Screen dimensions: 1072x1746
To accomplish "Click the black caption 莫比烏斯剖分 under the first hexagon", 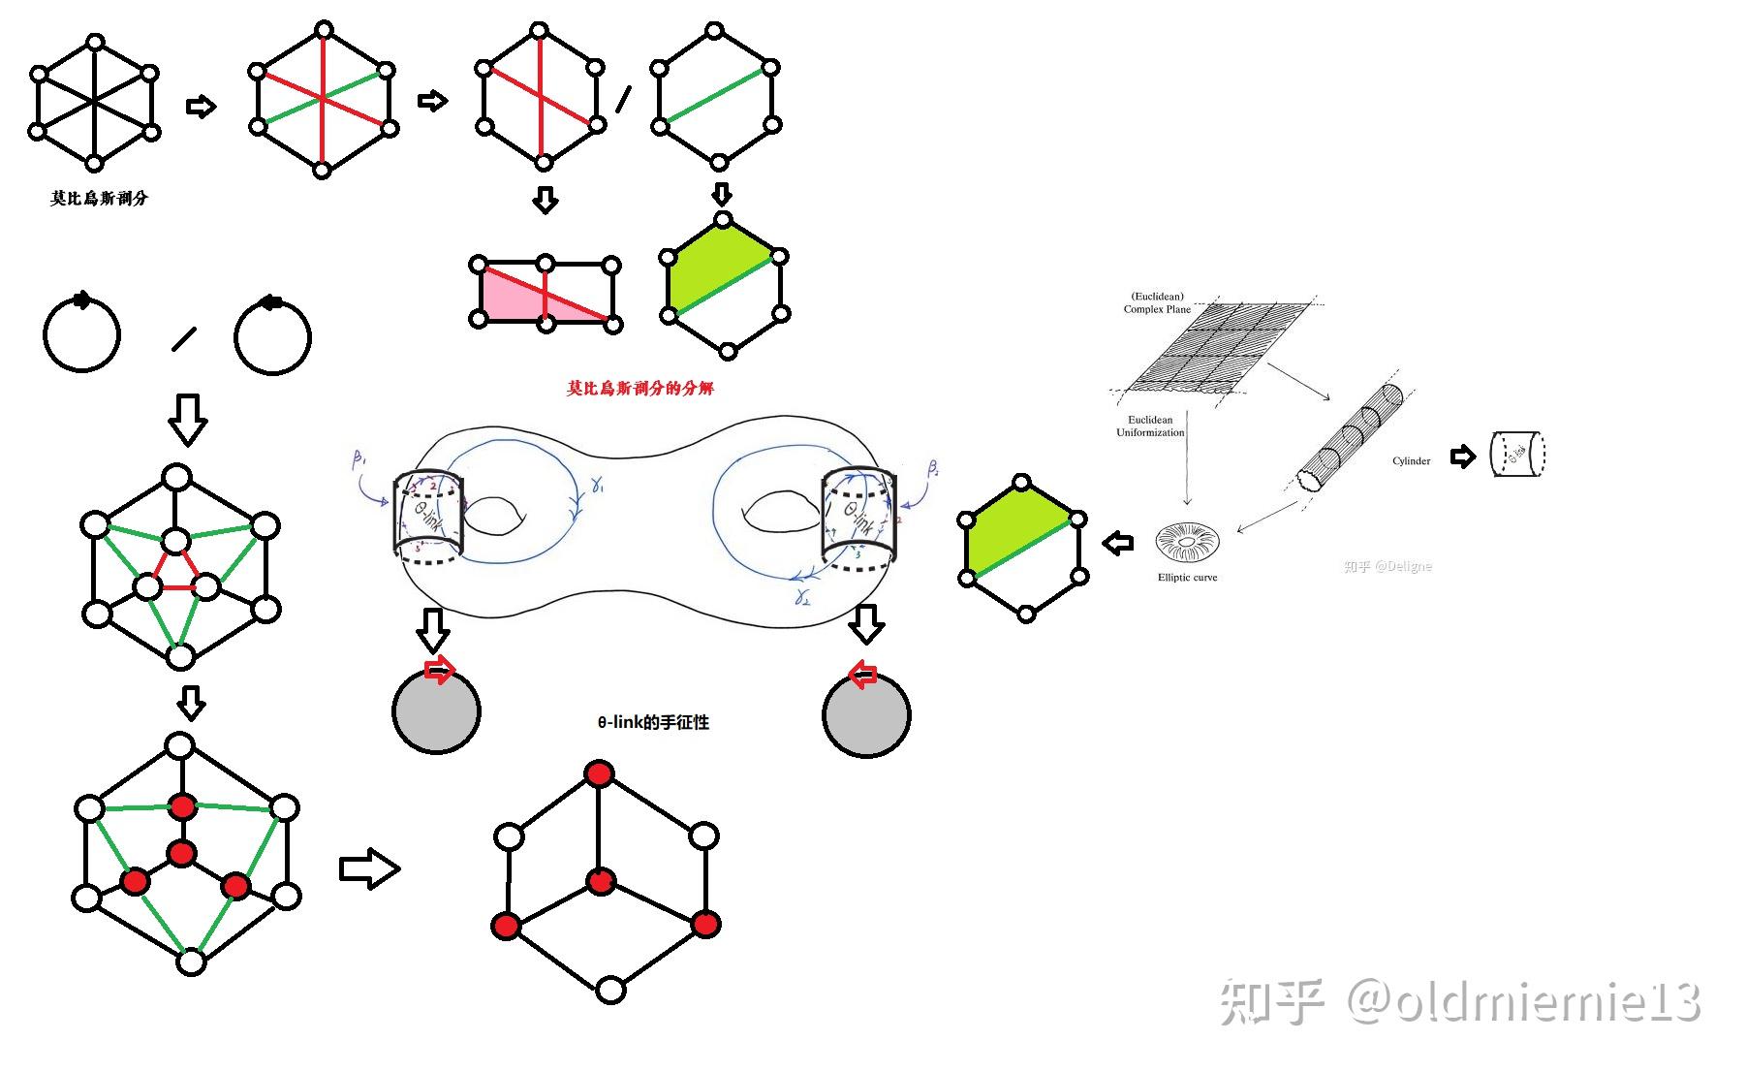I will click(x=99, y=199).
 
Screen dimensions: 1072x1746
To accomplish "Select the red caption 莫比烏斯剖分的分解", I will click(x=639, y=389).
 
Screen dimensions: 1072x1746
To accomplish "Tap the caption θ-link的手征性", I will click(x=653, y=723).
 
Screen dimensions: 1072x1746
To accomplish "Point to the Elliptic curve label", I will click(x=1187, y=578).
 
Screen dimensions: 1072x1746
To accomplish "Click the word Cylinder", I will click(x=1411, y=461).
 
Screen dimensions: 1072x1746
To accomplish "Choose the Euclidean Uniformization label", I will click(x=1150, y=426).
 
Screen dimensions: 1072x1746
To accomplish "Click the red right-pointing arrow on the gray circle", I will click(x=439, y=670).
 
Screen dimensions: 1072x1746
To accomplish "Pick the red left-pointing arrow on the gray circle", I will click(x=862, y=675).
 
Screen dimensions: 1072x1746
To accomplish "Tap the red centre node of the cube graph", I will click(x=601, y=882).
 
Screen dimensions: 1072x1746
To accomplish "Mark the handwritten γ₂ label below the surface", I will click(x=802, y=597).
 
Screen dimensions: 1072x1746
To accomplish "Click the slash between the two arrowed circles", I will click(x=183, y=339).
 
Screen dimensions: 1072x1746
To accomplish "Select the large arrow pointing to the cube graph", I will click(x=369, y=868).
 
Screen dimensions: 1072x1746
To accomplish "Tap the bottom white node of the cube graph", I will click(x=610, y=990).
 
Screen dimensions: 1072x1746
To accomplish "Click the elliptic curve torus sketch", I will click(x=1187, y=543).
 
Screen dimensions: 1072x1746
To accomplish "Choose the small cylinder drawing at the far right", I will click(x=1517, y=454).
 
